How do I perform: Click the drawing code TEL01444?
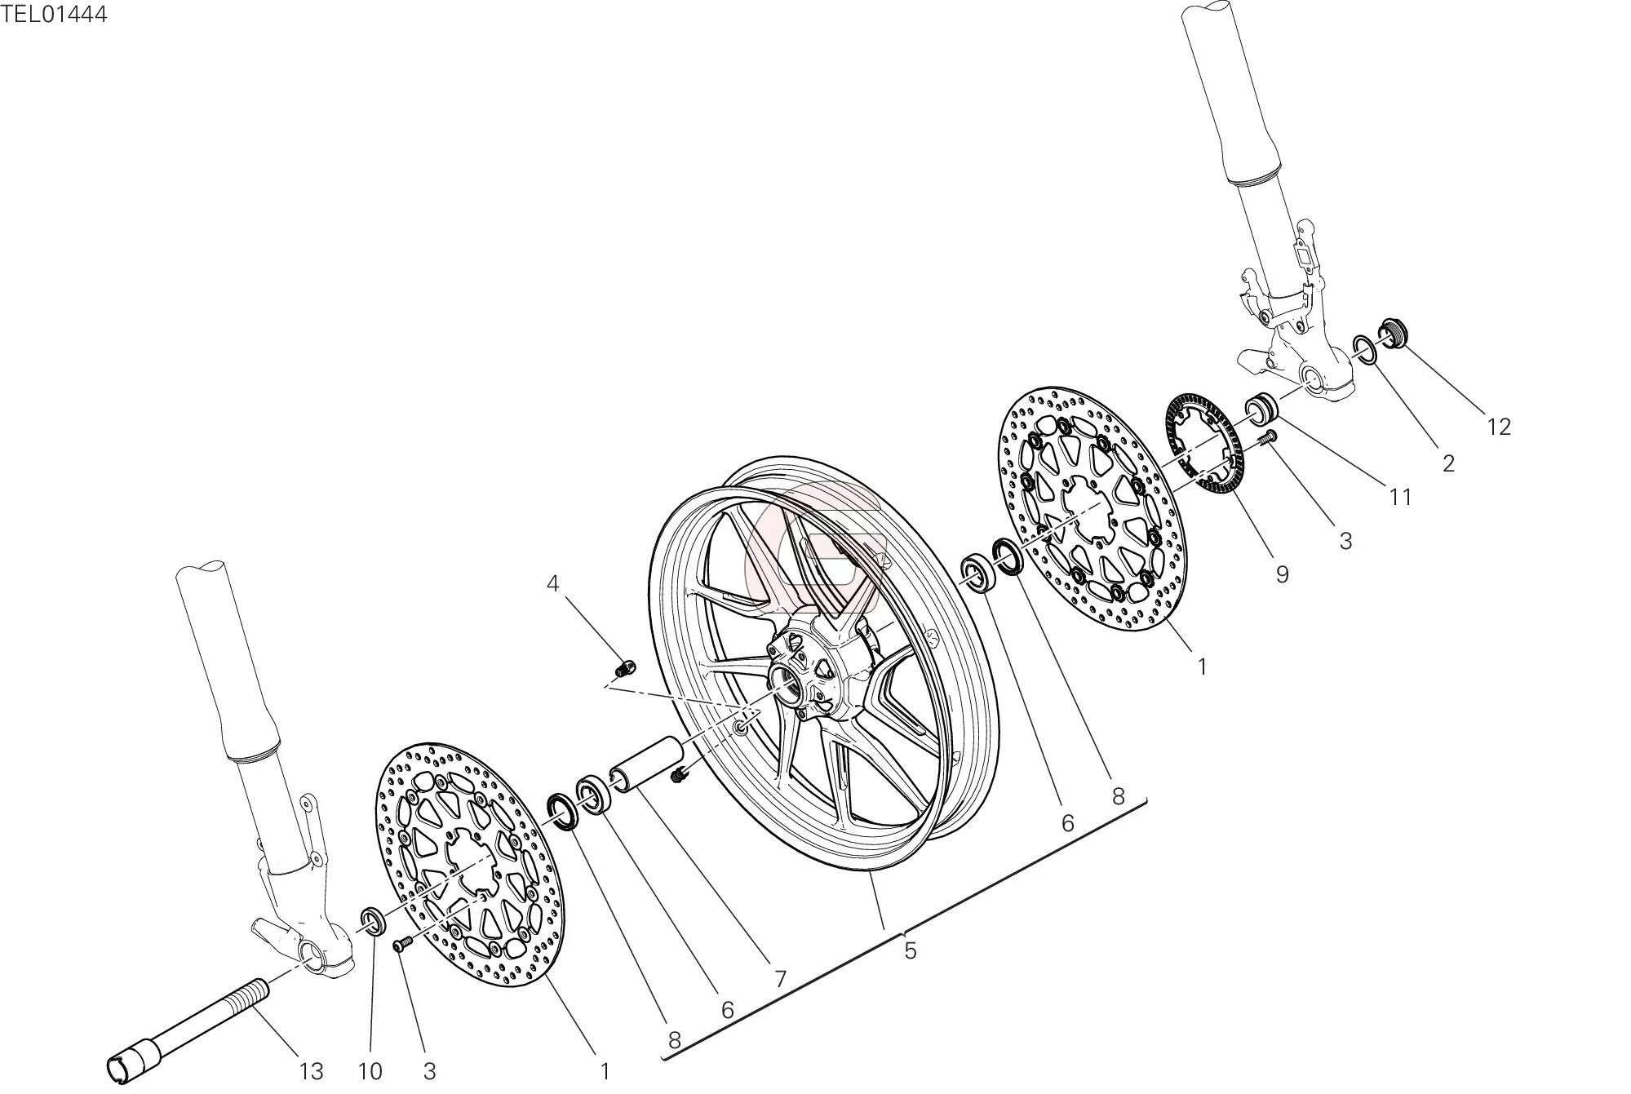[54, 14]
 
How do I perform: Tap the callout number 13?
[311, 1071]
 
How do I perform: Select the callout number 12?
[1499, 427]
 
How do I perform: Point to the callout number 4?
[553, 583]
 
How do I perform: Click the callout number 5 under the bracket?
[911, 950]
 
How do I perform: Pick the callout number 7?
[780, 979]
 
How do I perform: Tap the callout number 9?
[1282, 574]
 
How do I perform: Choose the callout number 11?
[1400, 496]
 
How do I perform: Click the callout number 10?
[370, 1071]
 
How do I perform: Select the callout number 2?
[1448, 463]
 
